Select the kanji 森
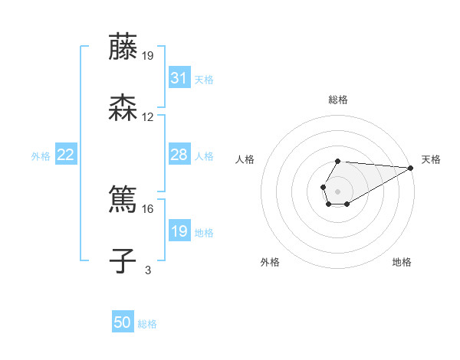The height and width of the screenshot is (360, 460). coord(123,108)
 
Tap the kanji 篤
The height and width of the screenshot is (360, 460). coord(123,199)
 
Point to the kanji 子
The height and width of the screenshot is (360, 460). coord(123,260)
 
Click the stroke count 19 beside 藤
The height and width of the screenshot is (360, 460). coord(148,55)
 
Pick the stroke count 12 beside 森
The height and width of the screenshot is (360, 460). coord(148,117)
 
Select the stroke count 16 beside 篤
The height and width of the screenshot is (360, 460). coord(148,208)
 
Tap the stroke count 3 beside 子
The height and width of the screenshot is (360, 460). coord(148,270)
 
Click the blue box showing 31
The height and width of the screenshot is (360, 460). coord(179,78)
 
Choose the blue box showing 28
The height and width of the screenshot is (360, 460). coord(179,155)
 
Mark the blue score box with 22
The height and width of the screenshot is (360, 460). coord(66,155)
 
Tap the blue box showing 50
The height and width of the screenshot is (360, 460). coord(123,322)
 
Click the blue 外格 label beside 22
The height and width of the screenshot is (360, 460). coord(41,155)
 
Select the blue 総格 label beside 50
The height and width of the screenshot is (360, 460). coord(147,324)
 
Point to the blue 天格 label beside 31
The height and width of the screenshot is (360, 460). coord(204,80)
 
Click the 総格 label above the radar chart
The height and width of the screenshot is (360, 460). coord(337,100)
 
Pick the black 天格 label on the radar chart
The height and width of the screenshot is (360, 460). coord(431,159)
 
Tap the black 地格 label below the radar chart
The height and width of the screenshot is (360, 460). coord(402,263)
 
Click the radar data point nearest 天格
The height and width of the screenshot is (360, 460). coord(411,168)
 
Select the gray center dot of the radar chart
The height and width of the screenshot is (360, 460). coord(337,189)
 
